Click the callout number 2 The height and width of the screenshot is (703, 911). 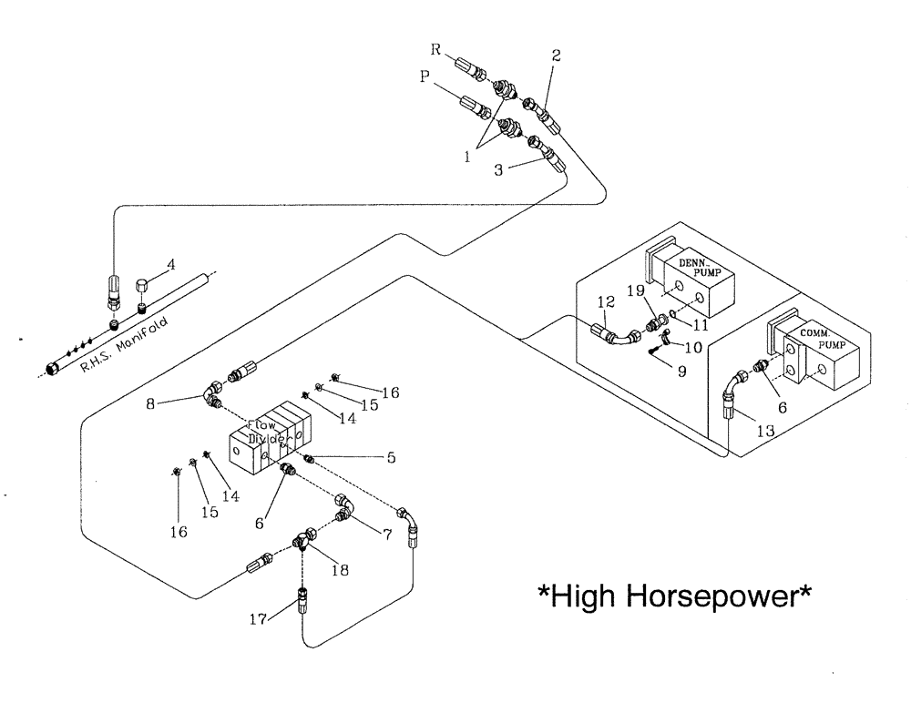click(556, 56)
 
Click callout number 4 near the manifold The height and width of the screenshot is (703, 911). click(170, 267)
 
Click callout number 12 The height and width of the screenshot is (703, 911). click(606, 301)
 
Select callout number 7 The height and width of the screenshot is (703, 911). click(387, 535)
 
